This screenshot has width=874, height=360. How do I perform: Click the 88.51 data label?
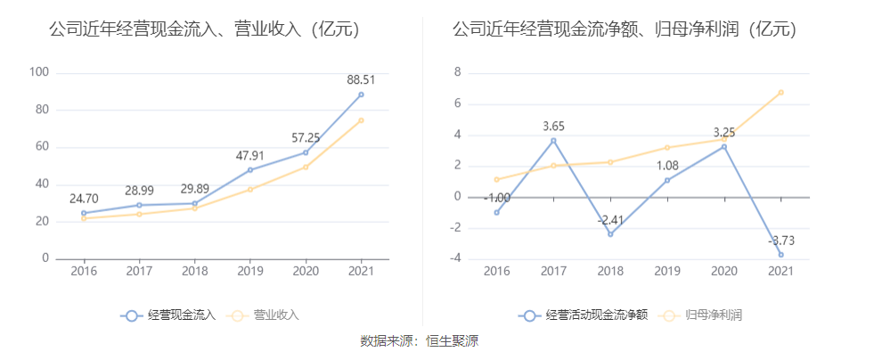click(361, 79)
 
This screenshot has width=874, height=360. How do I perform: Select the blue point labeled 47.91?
click(250, 169)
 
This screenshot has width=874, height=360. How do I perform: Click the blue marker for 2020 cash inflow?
click(306, 152)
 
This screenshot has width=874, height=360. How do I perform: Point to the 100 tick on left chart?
click(39, 72)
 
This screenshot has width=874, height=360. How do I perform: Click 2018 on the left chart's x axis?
click(194, 271)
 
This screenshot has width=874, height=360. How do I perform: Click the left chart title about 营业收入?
click(204, 30)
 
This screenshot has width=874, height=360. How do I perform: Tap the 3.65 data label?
click(553, 126)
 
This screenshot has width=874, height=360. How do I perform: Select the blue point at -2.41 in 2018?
click(610, 234)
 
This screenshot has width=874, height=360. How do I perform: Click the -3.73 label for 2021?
click(781, 240)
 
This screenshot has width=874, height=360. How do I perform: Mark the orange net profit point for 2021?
click(781, 92)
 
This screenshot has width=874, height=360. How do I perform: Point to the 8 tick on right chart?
click(457, 72)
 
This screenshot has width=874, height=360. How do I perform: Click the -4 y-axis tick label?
click(454, 259)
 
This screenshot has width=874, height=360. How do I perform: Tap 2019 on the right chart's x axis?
click(667, 271)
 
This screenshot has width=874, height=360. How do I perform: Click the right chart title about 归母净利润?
click(624, 30)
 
